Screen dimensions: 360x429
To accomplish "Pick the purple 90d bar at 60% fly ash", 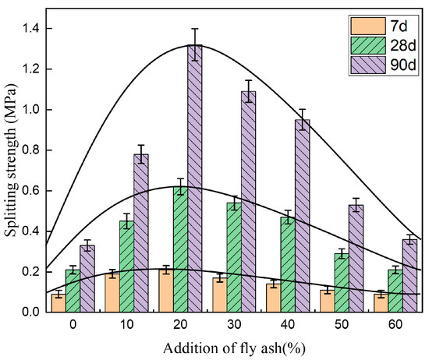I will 409,276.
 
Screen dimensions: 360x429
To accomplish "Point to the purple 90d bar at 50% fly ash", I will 356,258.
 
